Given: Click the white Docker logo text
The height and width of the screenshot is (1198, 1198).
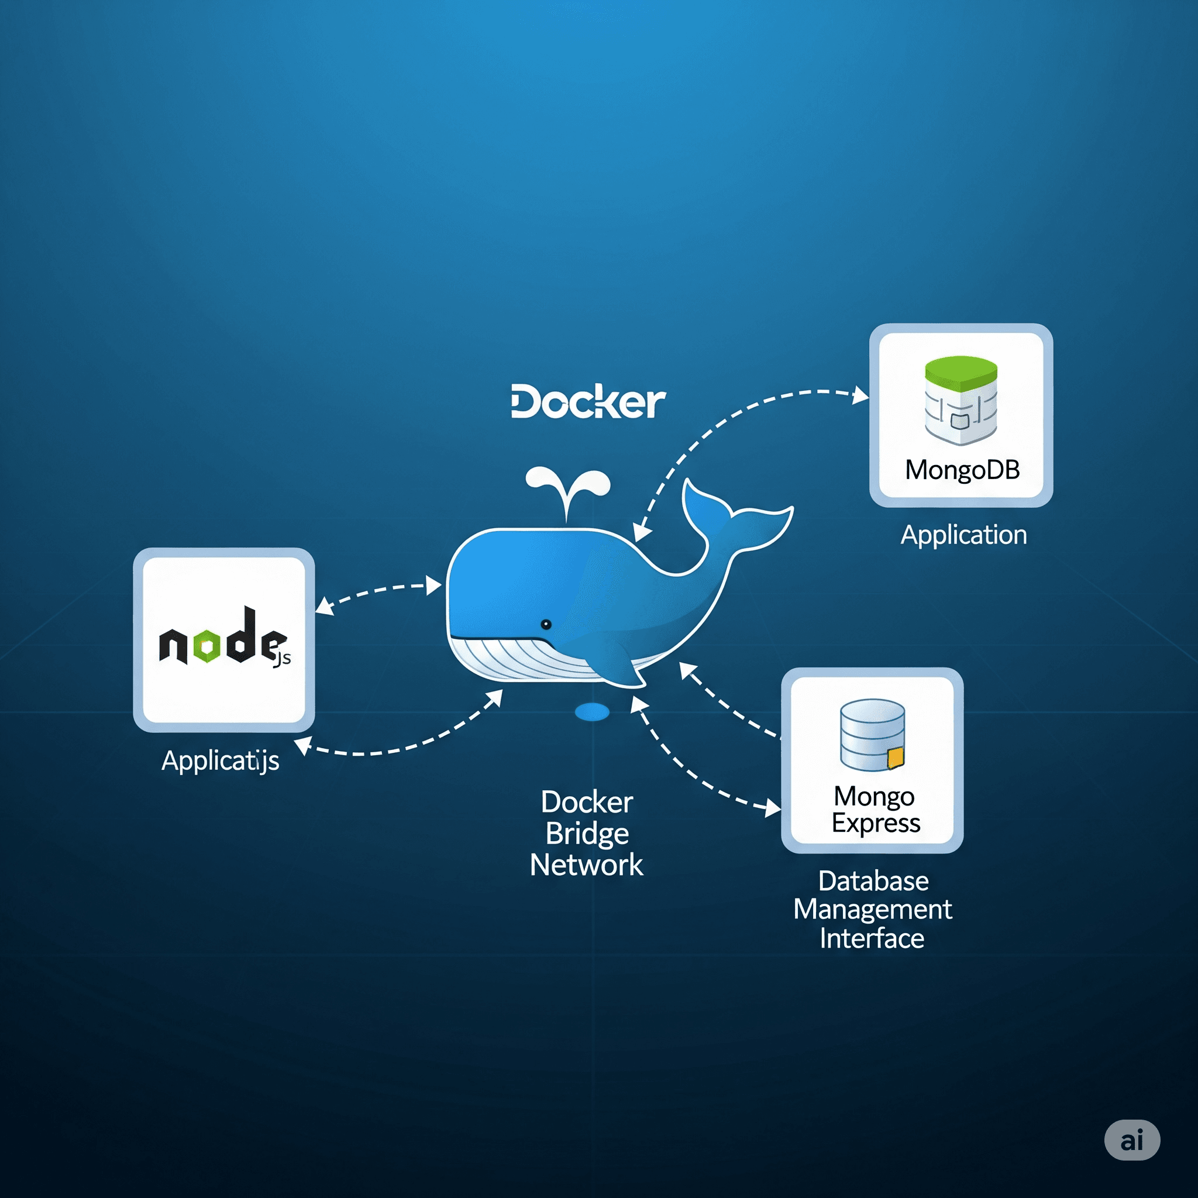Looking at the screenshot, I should tap(588, 402).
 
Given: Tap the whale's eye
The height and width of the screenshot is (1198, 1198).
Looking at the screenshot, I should tap(546, 624).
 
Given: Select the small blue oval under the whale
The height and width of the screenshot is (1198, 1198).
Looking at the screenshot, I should tap(592, 712).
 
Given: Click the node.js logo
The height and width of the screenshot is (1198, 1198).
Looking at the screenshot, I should tap(224, 639).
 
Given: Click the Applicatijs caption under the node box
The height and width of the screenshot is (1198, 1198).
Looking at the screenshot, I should tap(220, 760).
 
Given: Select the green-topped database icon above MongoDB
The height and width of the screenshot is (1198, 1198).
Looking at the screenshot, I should tap(961, 400).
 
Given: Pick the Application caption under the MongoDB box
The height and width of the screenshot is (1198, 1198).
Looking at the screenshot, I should tap(963, 535).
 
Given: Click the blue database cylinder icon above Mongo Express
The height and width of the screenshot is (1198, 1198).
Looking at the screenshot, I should tap(872, 735).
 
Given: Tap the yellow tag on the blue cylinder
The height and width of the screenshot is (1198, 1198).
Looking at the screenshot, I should tap(896, 758).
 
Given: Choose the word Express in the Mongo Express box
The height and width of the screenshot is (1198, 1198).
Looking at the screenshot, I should tap(876, 824).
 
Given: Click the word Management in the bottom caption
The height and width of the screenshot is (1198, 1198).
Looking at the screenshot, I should tap(872, 910).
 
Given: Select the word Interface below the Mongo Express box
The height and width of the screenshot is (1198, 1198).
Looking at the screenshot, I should tap(872, 939).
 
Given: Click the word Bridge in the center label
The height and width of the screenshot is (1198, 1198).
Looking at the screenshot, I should tap(587, 834).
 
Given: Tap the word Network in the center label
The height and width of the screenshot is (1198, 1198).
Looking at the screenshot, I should tap(587, 865).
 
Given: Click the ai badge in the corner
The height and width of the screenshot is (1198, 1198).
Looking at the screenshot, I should tap(1132, 1140).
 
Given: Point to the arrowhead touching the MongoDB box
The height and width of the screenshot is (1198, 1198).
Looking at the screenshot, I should tap(860, 394).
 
